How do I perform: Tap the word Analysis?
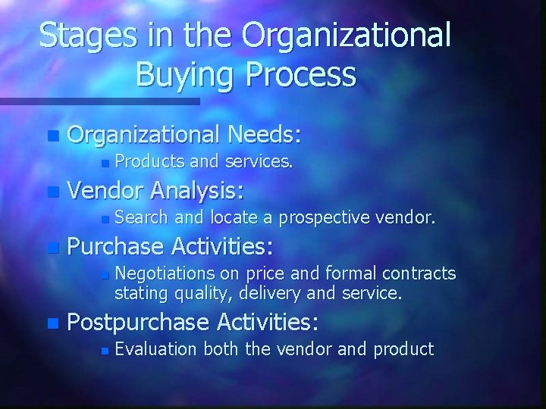[202, 192]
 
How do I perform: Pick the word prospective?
[323, 219]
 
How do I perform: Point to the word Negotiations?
[163, 273]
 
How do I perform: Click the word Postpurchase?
[137, 323]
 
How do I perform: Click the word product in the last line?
[406, 348]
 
